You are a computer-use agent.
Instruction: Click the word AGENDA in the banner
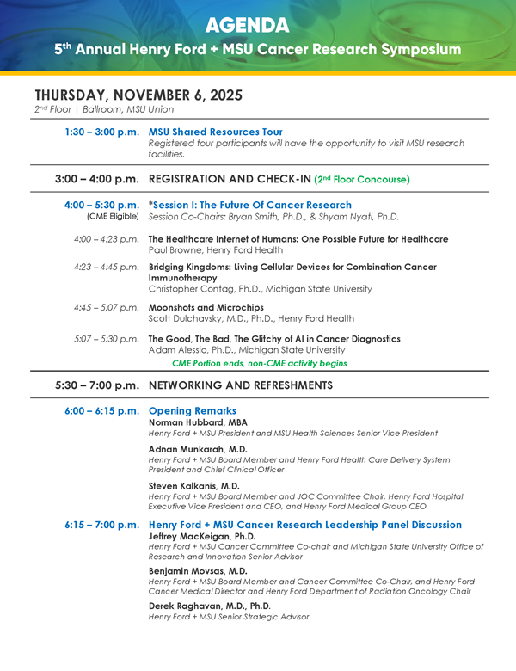click(x=258, y=23)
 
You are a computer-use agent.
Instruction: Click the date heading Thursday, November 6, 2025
click(x=138, y=95)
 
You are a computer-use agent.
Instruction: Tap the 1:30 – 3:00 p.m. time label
click(x=101, y=132)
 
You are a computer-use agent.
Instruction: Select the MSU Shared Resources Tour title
click(x=215, y=132)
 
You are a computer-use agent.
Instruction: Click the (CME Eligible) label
click(x=113, y=217)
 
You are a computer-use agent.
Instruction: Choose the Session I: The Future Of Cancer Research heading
click(x=249, y=205)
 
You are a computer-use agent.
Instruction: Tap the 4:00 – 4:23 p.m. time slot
click(x=107, y=238)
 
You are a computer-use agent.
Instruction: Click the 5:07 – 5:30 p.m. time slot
click(x=107, y=338)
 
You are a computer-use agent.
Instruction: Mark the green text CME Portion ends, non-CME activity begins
click(x=260, y=363)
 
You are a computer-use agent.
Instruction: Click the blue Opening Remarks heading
click(x=192, y=411)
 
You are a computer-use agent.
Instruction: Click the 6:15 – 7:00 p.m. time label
click(x=101, y=525)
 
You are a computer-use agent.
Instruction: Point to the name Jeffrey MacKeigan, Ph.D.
click(x=201, y=535)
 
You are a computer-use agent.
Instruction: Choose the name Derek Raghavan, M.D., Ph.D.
click(x=209, y=606)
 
